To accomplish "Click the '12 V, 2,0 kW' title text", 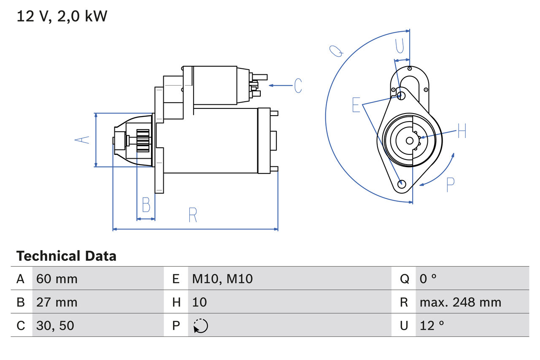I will coord(62,16).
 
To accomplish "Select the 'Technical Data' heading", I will coord(66,256).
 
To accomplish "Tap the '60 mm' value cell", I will coord(57,279).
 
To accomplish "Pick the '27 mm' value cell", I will coord(57,302).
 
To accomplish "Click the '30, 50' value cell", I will coord(55,325).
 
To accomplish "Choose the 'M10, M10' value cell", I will coord(222,279).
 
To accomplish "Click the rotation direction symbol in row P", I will coord(200,326).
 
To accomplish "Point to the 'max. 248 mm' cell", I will coord(460,302).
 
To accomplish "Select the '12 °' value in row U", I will coord(432,325).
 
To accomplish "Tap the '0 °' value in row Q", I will coord(428,279).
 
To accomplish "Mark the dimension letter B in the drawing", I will coord(146,205).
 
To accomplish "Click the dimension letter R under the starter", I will coord(193,215).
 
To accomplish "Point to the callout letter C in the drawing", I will coord(298,86).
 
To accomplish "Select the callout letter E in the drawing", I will coord(356,105).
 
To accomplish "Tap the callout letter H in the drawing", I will coord(462,132).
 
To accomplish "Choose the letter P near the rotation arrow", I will coord(451,184).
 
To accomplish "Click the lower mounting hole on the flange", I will coord(402,184).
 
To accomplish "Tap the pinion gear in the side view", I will coord(143,141).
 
